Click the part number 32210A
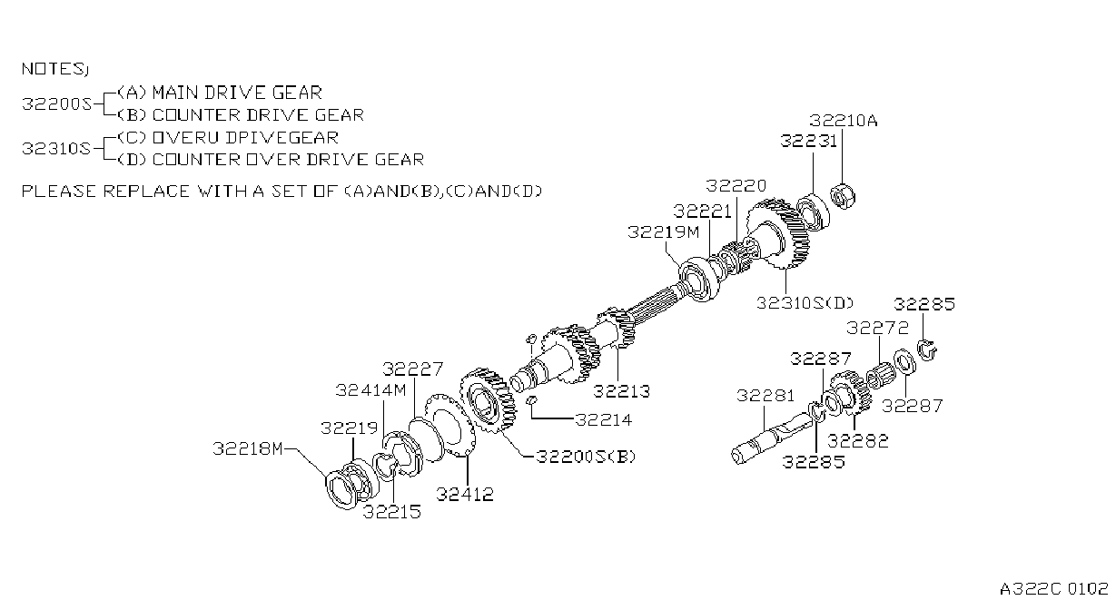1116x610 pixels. click(x=843, y=121)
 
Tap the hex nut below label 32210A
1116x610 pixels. click(x=843, y=196)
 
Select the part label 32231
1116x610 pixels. click(x=808, y=141)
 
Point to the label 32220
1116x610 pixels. click(x=736, y=186)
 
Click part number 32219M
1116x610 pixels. click(x=663, y=232)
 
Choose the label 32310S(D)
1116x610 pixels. click(x=805, y=303)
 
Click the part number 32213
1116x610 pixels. click(x=622, y=391)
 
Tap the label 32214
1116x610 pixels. click(x=603, y=419)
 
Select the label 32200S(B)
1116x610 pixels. click(x=586, y=457)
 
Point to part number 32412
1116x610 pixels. click(x=465, y=495)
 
